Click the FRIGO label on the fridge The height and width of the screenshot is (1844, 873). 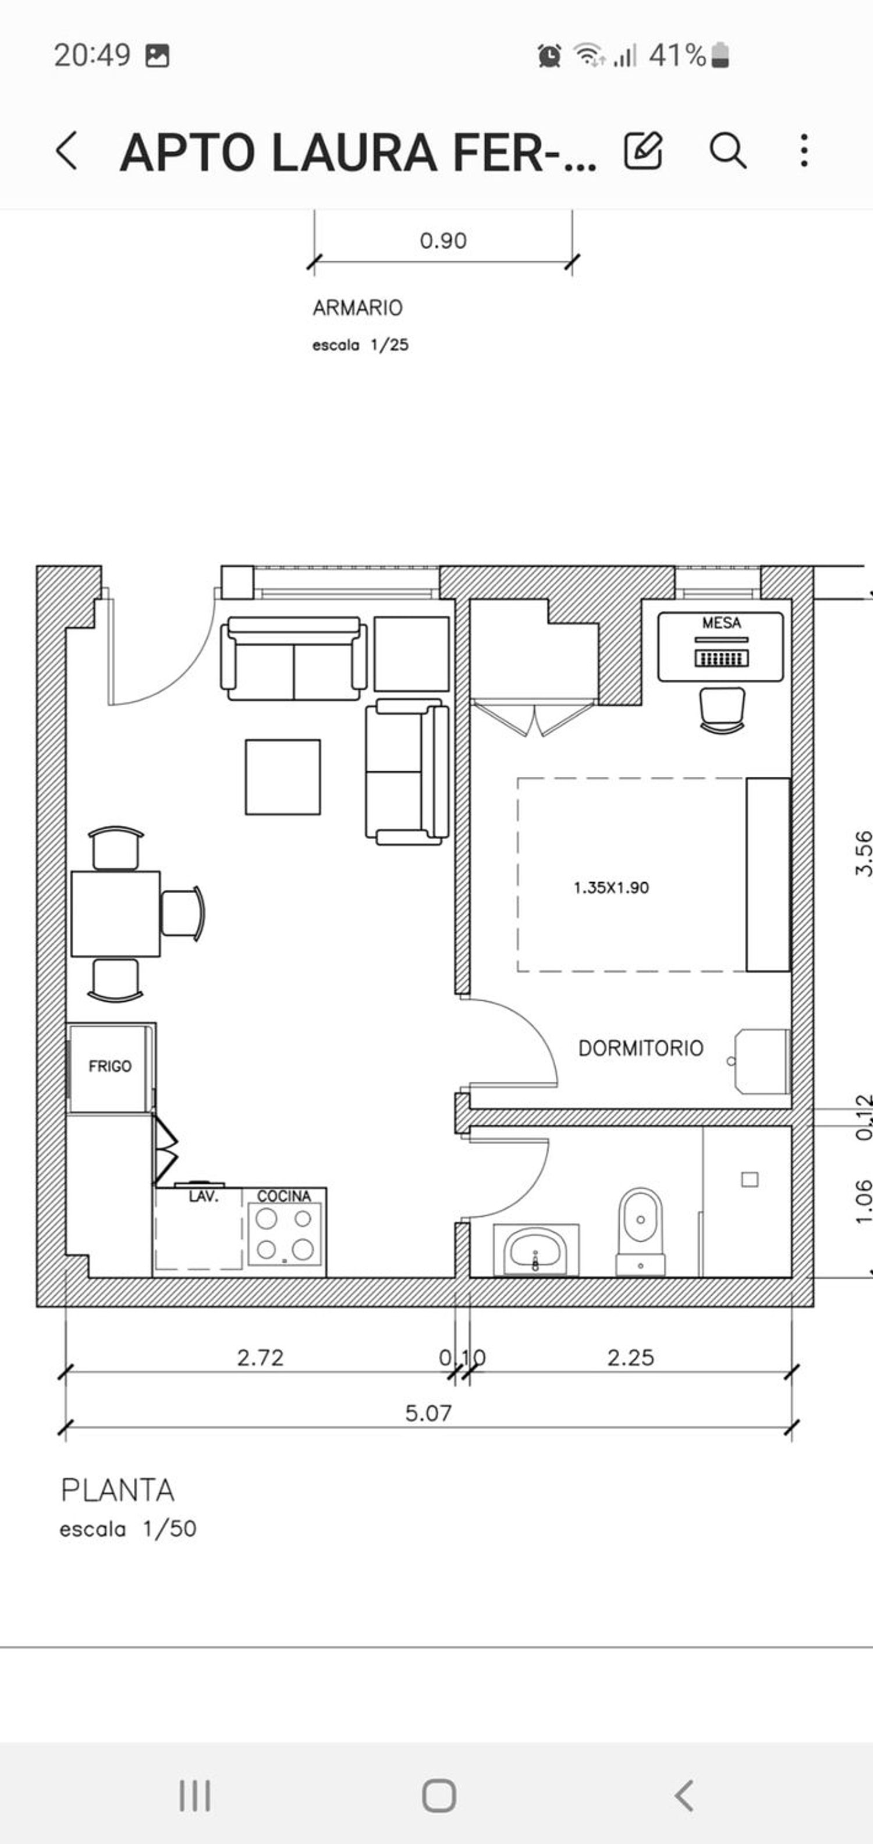click(110, 1066)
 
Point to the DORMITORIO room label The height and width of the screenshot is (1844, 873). click(641, 1048)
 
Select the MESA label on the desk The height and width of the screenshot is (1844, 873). click(721, 623)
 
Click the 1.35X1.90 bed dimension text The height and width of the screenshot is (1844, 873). click(611, 887)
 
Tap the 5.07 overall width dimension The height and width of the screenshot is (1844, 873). click(428, 1413)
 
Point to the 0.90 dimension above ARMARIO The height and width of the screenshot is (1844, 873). click(443, 240)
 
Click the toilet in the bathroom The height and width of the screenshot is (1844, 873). click(640, 1232)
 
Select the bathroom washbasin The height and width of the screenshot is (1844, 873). click(535, 1250)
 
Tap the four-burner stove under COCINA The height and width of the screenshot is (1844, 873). click(285, 1234)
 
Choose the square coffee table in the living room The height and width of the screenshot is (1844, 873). click(283, 777)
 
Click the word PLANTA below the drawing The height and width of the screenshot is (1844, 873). click(118, 1490)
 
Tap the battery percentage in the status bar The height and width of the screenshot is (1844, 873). click(677, 55)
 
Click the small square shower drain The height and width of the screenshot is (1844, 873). click(750, 1179)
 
